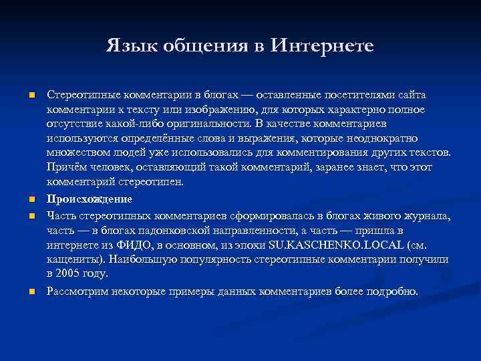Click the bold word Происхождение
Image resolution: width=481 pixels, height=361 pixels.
pos(90,199)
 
